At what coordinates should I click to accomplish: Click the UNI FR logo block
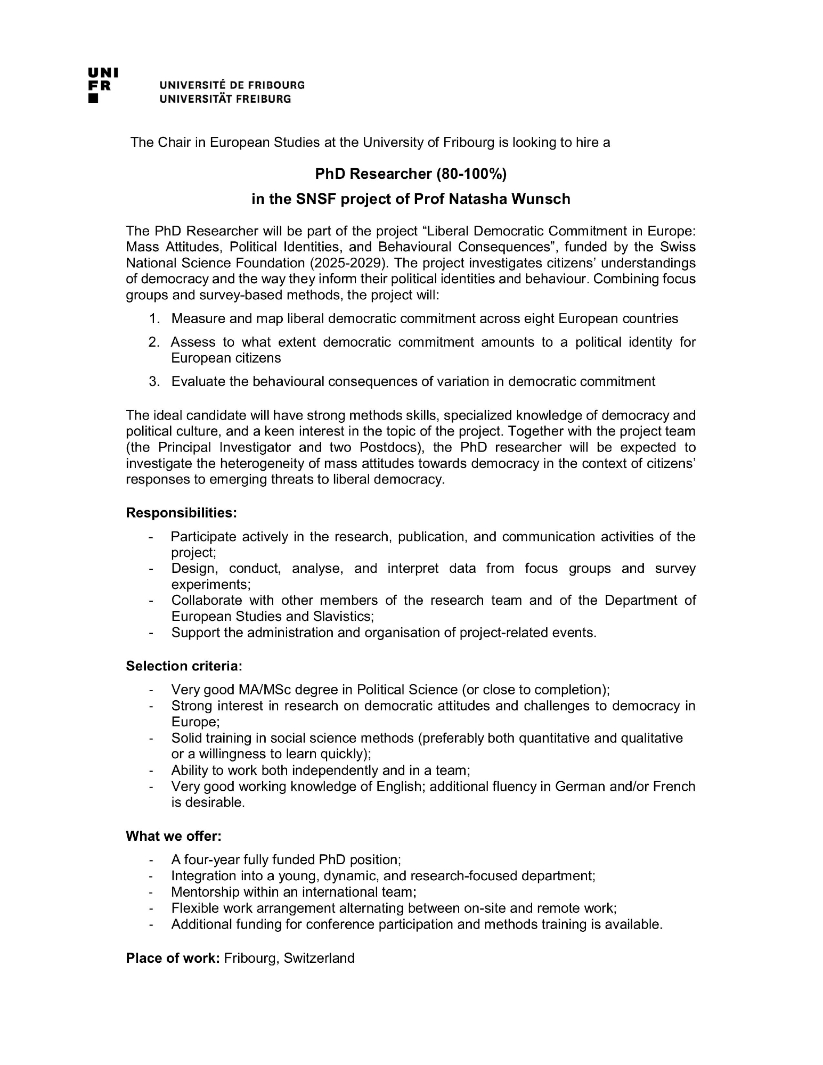103,85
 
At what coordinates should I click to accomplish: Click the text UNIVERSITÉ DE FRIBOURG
232,85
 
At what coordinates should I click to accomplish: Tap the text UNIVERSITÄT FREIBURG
225,99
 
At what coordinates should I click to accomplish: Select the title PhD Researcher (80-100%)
411,174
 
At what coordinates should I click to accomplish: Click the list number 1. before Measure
154,319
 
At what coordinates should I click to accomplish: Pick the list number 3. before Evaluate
154,382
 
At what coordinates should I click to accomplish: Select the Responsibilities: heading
181,513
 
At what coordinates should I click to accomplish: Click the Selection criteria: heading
184,666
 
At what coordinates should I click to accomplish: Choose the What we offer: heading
174,836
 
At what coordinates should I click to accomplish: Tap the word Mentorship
205,892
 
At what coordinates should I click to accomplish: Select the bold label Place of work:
173,958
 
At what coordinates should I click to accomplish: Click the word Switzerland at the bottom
319,958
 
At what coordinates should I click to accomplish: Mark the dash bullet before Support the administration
152,633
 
